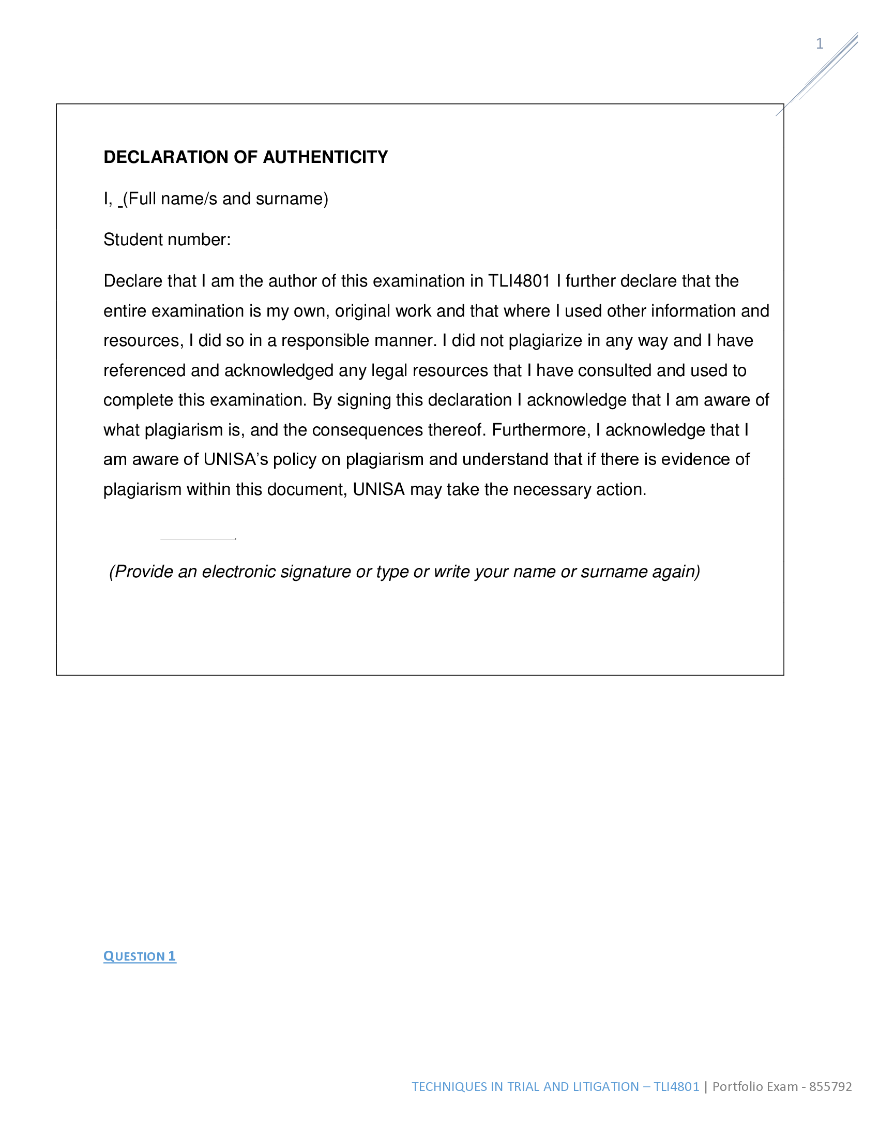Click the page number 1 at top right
tap(819, 43)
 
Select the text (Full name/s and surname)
tap(225, 199)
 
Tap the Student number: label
tap(166, 239)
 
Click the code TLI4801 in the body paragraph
tap(519, 281)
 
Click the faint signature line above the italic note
tap(198, 540)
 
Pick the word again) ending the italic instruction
tap(676, 572)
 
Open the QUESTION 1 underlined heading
tap(140, 956)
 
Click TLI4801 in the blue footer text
tap(676, 1086)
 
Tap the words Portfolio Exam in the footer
tap(754, 1086)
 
